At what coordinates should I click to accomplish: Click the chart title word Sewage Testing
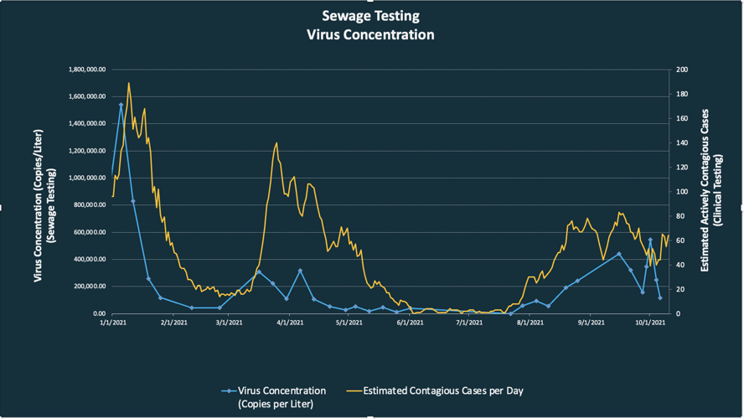(370, 16)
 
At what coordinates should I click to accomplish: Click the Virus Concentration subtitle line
(370, 35)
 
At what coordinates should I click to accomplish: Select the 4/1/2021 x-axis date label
(287, 321)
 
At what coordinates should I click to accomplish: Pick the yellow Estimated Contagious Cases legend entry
(435, 391)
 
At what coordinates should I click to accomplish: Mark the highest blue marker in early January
(121, 105)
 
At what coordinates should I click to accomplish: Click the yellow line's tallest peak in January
(128, 83)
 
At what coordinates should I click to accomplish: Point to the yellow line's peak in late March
(276, 143)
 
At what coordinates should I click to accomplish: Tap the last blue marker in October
(660, 297)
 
